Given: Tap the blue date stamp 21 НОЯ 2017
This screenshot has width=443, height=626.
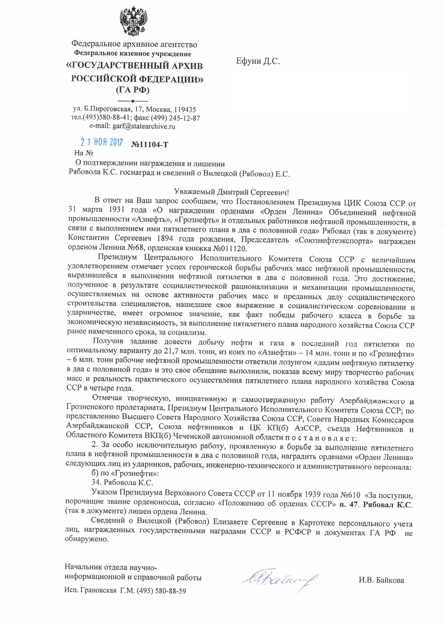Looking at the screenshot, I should pos(102,143).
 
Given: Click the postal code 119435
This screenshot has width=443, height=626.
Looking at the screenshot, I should pos(185,110).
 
